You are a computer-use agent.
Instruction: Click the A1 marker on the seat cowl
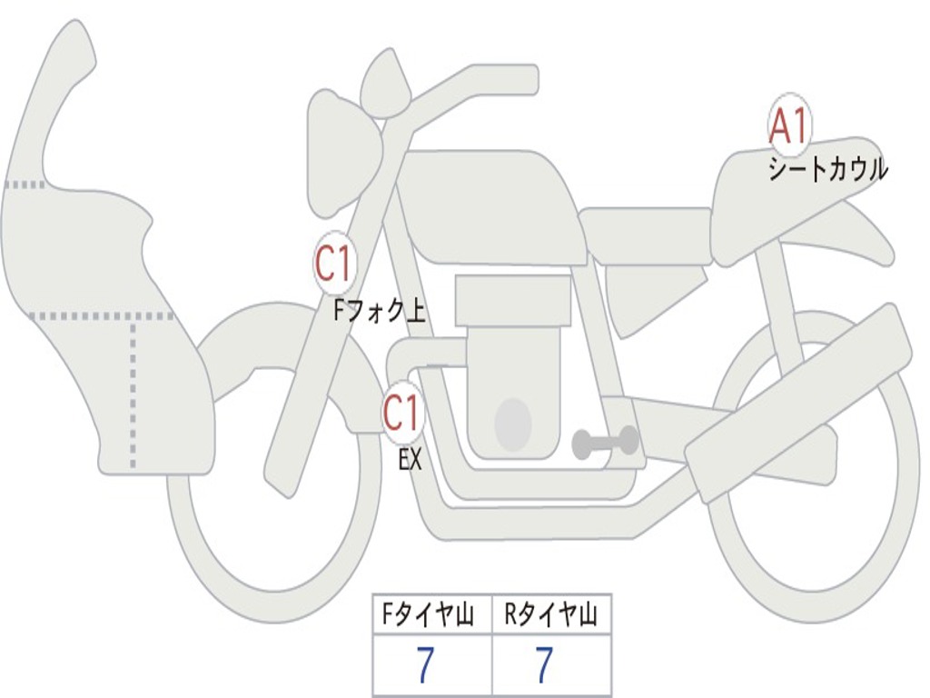789,126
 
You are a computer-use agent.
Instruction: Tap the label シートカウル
827,170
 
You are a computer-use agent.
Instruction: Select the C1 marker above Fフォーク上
332,264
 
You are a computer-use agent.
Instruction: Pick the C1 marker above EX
402,414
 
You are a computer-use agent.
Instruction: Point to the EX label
411,460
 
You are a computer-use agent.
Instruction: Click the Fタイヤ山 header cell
431,616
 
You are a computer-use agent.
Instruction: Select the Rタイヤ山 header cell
551,616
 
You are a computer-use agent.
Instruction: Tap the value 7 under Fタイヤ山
425,666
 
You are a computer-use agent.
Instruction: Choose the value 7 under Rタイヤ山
544,666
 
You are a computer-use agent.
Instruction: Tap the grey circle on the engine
512,424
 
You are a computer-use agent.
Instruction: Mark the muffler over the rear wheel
799,400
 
